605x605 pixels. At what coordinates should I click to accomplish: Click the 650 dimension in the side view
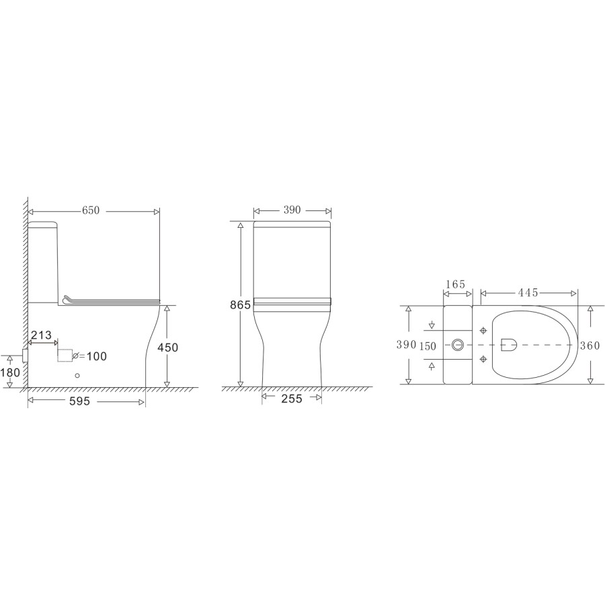pyautogui.click(x=91, y=210)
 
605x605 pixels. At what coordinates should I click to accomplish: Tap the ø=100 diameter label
pyautogui.click(x=90, y=356)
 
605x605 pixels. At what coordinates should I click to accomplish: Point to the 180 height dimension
pyautogui.click(x=10, y=372)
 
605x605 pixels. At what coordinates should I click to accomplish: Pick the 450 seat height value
pyautogui.click(x=167, y=347)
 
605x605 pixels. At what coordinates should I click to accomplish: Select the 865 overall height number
pyautogui.click(x=239, y=305)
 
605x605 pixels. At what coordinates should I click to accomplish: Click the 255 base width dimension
pyautogui.click(x=292, y=398)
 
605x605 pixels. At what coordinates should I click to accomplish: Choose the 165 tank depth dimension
pyautogui.click(x=455, y=285)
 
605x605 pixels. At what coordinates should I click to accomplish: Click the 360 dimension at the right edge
pyautogui.click(x=590, y=345)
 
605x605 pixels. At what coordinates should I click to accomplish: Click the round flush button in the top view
pyautogui.click(x=458, y=345)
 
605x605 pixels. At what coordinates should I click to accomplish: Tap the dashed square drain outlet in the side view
pyautogui.click(x=65, y=355)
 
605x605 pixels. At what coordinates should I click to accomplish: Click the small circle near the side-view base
pyautogui.click(x=77, y=376)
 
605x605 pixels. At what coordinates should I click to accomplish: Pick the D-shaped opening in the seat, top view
pyautogui.click(x=509, y=344)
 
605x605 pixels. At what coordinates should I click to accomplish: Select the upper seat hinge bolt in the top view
pyautogui.click(x=484, y=330)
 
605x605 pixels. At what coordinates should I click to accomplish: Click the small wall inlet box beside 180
pyautogui.click(x=25, y=354)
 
